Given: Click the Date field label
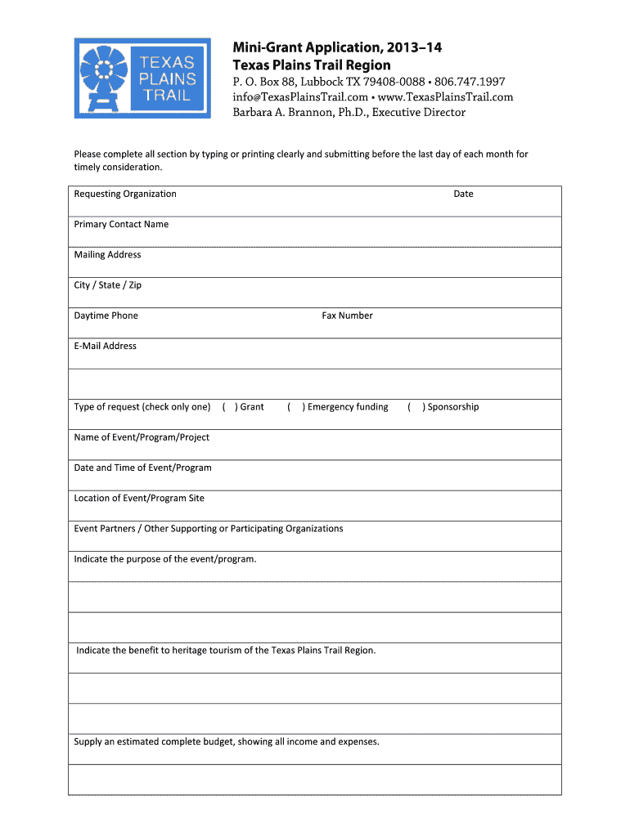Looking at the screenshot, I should coord(463,194).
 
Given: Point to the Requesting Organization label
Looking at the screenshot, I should coord(125,194).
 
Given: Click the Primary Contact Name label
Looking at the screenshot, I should coord(121,224).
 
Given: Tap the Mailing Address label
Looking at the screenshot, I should coord(107,254).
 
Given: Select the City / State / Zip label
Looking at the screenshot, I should coord(107,285).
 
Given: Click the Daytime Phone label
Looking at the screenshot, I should coord(106,316).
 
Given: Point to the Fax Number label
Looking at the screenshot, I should coord(347,316).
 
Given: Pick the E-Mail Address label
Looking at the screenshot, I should coord(105,346).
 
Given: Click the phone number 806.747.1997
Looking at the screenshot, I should coord(470,82).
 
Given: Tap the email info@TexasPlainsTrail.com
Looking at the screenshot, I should coord(300,97).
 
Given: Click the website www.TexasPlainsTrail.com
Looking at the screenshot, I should coord(444,97).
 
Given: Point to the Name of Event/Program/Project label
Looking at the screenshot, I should coord(142,437).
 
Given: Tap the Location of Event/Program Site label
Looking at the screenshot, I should coord(139,498).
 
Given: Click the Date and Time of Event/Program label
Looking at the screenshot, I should coord(142,468).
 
